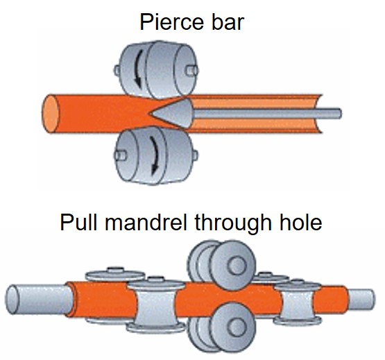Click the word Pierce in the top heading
tap(171, 22)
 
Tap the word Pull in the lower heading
tap(78, 222)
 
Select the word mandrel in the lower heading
tap(146, 222)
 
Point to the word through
tap(233, 224)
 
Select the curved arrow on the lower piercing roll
tap(154, 155)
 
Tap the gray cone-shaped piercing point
tap(171, 113)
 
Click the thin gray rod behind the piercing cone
tap(267, 114)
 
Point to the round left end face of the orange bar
tap(51, 114)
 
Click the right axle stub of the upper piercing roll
tap(192, 71)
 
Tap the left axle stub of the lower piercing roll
tap(120, 155)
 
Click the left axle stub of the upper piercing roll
tap(117, 70)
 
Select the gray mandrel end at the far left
tap(39, 300)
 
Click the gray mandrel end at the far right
tap(361, 300)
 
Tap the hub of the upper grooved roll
tap(237, 266)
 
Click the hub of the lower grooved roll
tap(237, 327)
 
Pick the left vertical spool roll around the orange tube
tap(156, 305)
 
